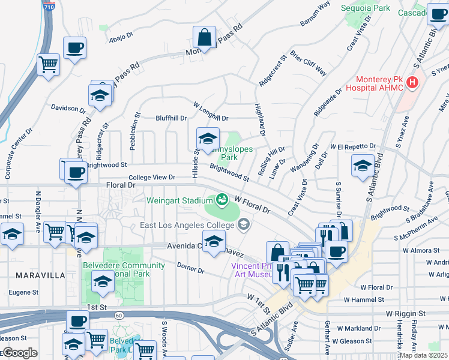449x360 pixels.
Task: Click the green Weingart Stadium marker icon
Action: point(222,198)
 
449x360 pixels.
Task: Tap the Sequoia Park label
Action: point(365,8)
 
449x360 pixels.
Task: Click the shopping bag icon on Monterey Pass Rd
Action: point(205,38)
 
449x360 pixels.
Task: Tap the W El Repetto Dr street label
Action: point(352,146)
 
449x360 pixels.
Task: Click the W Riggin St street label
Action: point(406,313)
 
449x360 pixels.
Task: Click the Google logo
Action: point(20,353)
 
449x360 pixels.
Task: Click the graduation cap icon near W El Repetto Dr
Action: point(363,166)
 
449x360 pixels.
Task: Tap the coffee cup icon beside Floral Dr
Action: point(76,172)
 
